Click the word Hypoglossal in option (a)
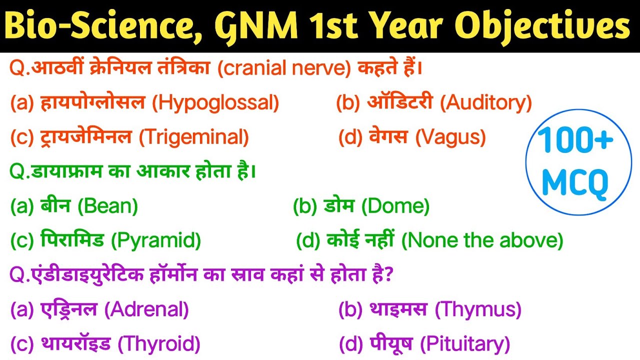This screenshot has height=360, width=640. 215,103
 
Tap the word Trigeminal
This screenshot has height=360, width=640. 194,137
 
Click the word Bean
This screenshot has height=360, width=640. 108,205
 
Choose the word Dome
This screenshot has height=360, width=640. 395,205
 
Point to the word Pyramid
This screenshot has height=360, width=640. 156,241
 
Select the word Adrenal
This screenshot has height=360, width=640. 146,310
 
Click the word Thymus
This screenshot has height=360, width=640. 478,310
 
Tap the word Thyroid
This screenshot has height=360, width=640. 159,344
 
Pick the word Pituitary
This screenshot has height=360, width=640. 465,344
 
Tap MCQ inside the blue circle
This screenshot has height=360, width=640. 575,183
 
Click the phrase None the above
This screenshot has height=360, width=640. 482,241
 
